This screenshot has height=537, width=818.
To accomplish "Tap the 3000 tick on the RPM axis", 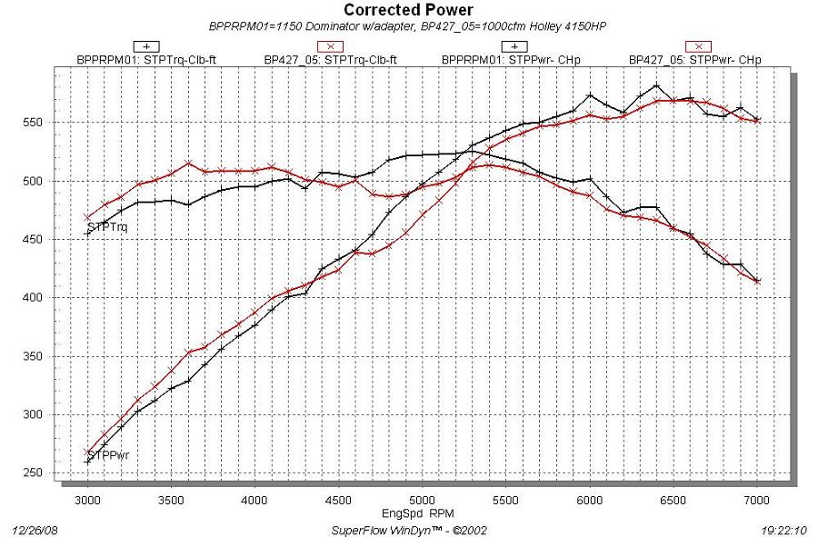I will click(87, 500).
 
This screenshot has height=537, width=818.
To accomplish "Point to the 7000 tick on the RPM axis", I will click(757, 500).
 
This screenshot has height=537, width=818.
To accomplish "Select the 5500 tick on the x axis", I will click(506, 500).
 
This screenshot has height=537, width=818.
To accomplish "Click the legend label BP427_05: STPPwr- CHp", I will click(695, 60).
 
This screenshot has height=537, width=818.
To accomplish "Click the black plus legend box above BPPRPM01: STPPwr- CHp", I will click(515, 45).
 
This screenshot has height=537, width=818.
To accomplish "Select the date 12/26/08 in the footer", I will click(33, 528).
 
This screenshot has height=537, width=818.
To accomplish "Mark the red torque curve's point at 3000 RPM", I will click(87, 218).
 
